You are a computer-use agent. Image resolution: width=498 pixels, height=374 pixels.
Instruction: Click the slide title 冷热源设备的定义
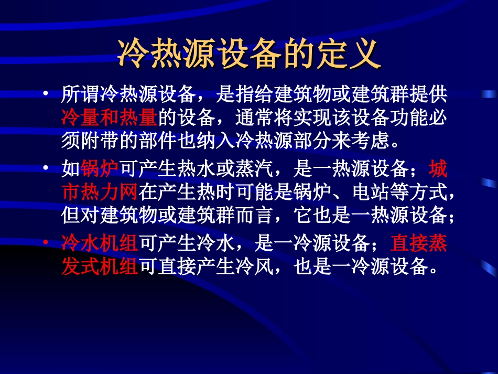[x=249, y=53]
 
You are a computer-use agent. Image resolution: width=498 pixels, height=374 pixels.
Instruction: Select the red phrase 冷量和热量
[x=109, y=117]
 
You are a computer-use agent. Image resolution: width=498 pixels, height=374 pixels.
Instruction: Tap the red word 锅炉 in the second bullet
[x=100, y=169]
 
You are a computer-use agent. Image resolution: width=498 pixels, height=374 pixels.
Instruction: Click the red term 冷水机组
[x=100, y=243]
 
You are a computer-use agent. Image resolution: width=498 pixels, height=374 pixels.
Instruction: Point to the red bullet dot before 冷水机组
[x=47, y=243]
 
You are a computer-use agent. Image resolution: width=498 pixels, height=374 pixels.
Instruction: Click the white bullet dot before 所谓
[x=47, y=94]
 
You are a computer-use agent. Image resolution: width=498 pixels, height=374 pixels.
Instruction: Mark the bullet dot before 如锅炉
[x=47, y=169]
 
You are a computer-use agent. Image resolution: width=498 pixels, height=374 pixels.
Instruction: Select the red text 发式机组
[x=100, y=266]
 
